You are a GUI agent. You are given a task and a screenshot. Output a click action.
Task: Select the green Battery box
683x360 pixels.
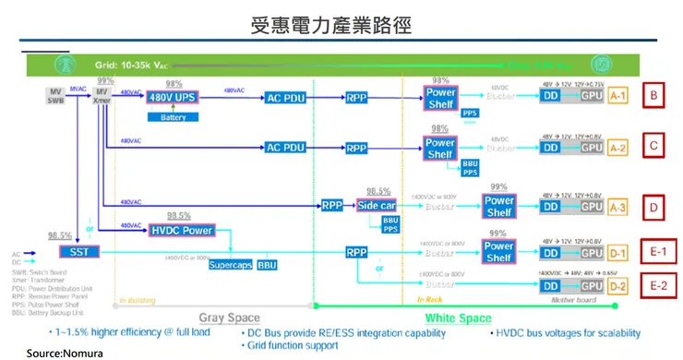173,117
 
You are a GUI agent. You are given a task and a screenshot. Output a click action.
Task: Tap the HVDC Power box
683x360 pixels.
181,230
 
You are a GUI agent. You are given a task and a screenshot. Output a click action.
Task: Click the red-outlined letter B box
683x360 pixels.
653,95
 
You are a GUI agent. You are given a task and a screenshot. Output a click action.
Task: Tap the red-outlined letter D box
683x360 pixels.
653,208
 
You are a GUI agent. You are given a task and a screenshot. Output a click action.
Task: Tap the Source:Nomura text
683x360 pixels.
64,353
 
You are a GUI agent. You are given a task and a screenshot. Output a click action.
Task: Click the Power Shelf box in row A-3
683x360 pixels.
498,206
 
